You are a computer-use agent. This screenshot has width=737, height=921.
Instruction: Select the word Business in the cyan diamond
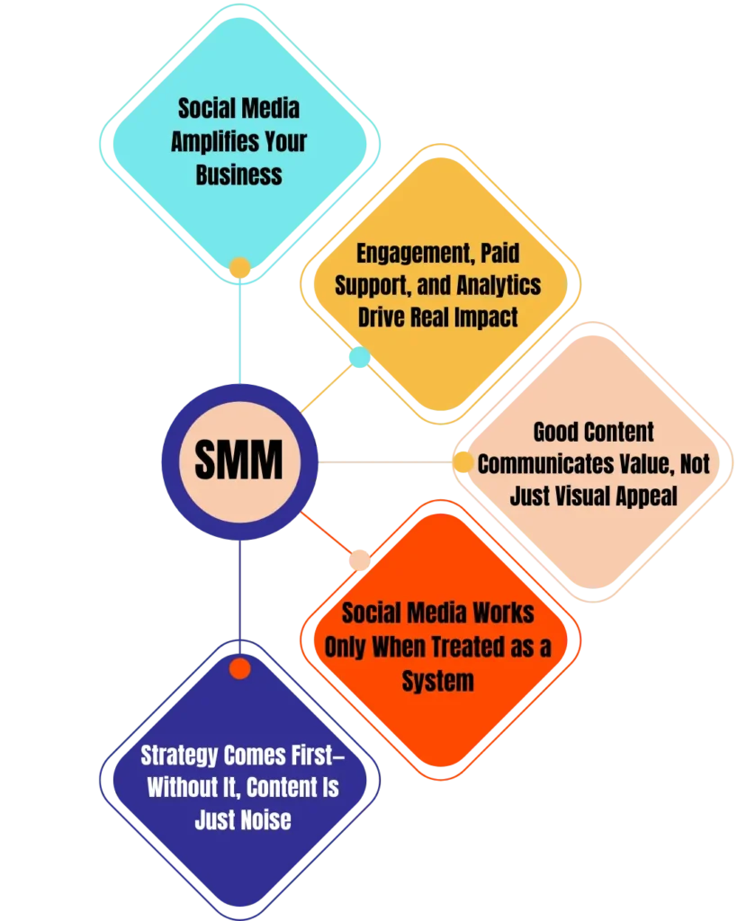pyautogui.click(x=238, y=174)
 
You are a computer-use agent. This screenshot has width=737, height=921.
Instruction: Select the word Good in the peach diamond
pyautogui.click(x=555, y=432)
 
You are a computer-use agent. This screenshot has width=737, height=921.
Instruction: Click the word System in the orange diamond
pyautogui.click(x=437, y=681)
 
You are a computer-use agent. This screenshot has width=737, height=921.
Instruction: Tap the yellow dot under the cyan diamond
pyautogui.click(x=239, y=268)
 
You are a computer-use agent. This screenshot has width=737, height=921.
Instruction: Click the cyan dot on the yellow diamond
pyautogui.click(x=359, y=358)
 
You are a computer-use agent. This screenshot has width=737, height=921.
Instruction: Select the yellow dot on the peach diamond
pyautogui.click(x=463, y=462)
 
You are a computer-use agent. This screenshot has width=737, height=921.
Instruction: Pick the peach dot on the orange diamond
pyautogui.click(x=360, y=559)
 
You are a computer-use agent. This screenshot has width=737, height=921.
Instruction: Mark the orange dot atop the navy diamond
pyautogui.click(x=239, y=668)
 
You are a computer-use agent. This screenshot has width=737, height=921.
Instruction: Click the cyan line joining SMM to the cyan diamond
pyautogui.click(x=239, y=333)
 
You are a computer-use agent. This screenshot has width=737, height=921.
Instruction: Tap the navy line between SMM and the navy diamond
pyautogui.click(x=239, y=594)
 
